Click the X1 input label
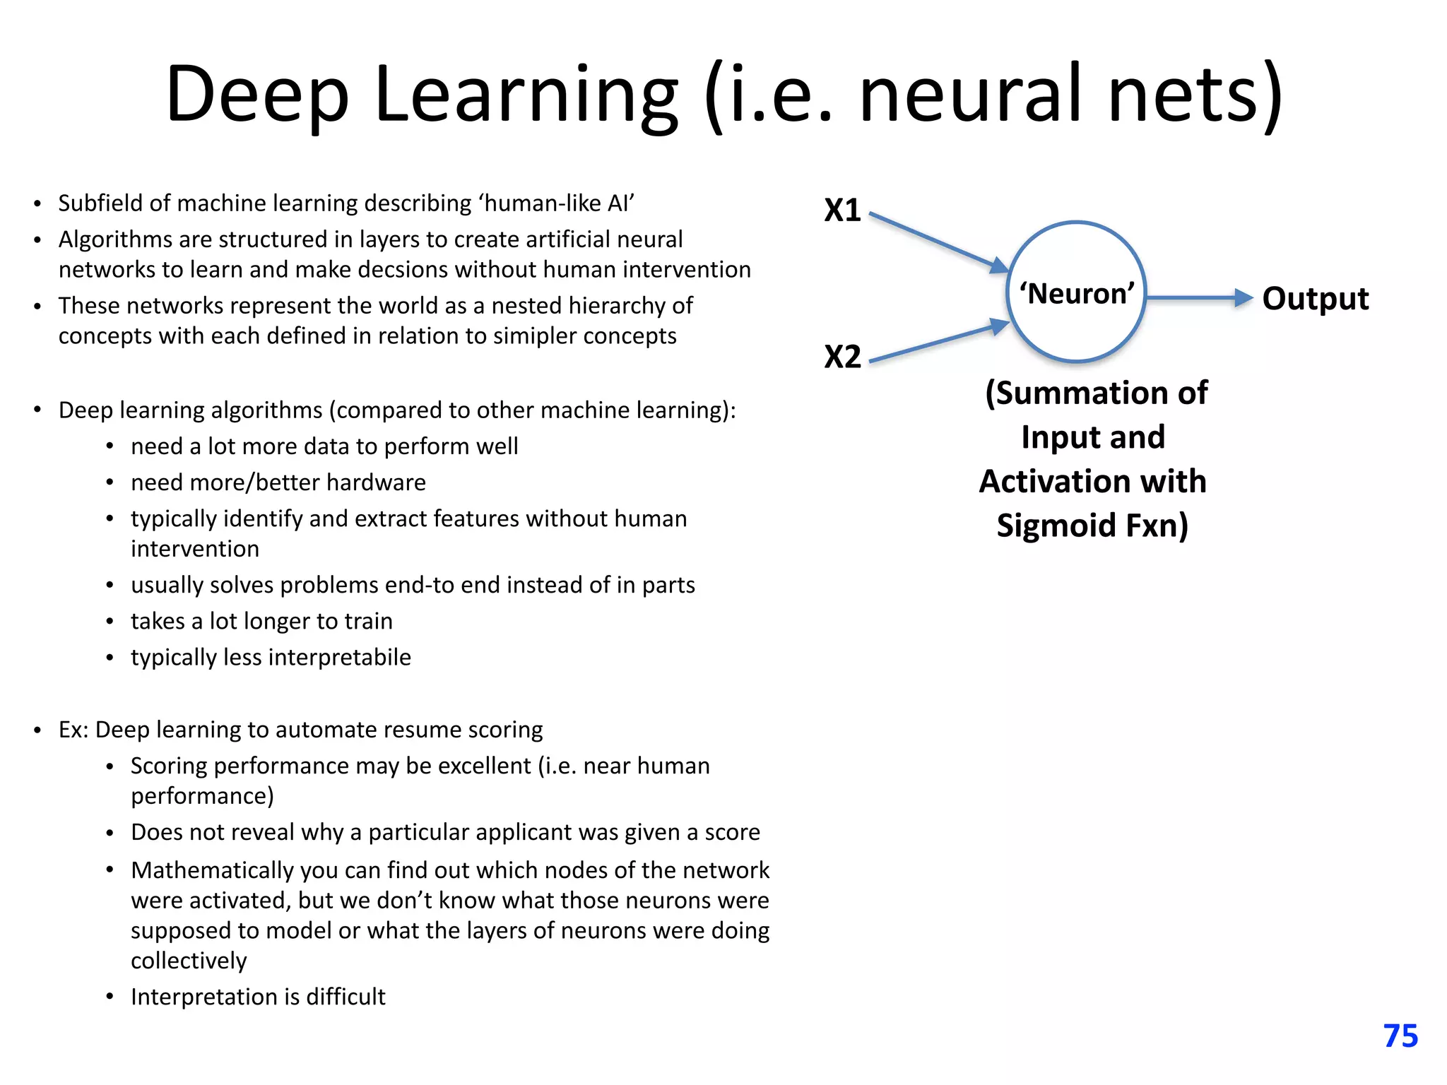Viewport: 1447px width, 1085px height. click(842, 211)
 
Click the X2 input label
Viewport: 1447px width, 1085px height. click(842, 357)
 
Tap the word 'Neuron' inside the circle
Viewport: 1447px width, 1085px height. click(1077, 293)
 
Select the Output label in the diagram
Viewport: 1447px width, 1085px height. click(1315, 299)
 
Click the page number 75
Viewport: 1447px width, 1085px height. click(1400, 1036)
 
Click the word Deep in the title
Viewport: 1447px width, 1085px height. click(257, 95)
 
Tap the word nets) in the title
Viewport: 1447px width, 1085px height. click(1195, 95)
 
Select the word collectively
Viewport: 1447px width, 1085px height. click(189, 961)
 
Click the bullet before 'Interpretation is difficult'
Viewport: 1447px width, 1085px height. click(110, 997)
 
